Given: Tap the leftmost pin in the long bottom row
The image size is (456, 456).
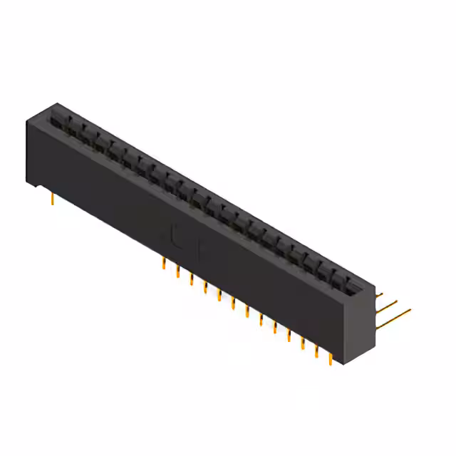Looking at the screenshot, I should point(164,265).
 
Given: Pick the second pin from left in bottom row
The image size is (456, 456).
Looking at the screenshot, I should point(177,273).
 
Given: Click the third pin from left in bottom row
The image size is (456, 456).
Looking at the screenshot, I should point(192,280).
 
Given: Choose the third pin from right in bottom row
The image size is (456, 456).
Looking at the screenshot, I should point(303,343).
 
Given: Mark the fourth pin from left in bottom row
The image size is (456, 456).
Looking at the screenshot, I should point(205,288).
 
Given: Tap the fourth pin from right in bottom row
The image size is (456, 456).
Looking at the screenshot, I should point(289,336).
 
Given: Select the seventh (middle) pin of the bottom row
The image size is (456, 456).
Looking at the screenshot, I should point(247,312).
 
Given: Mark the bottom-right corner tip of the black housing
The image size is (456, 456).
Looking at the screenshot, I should point(343,363).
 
